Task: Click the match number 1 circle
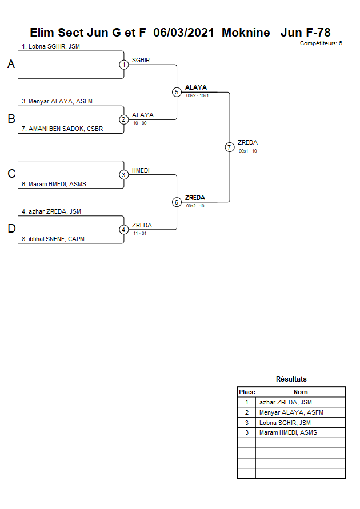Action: tap(123, 65)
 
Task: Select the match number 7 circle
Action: tap(229, 147)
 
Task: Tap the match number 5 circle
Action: tap(177, 92)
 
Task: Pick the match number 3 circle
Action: tap(123, 174)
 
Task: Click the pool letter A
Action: tap(11, 65)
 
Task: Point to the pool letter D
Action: tap(11, 229)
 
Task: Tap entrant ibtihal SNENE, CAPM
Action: tap(53, 239)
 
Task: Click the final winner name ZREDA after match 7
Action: tap(247, 142)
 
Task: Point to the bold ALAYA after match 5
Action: tap(195, 87)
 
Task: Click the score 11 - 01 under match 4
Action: tap(139, 233)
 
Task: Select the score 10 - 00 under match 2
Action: tap(139, 123)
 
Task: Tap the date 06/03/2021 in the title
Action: tap(183, 33)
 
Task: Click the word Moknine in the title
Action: tap(246, 33)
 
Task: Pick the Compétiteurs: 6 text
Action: tap(321, 43)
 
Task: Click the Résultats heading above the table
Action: tap(291, 379)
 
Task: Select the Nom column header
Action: tap(301, 392)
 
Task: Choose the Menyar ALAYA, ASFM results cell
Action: tap(291, 412)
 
